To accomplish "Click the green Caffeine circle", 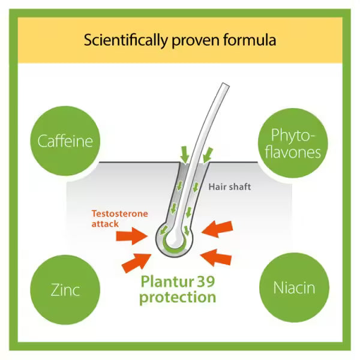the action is [x=65, y=141].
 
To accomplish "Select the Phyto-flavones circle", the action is [x=293, y=143].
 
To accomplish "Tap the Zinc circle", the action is [x=65, y=290].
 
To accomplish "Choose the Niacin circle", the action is [x=294, y=287].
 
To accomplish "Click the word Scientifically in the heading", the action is [x=126, y=40].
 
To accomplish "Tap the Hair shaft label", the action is [x=230, y=187].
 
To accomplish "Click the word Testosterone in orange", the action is [x=120, y=214].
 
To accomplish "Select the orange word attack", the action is [x=105, y=224].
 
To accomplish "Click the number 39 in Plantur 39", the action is [x=205, y=281].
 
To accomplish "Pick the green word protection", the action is [x=178, y=298].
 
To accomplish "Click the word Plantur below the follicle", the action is [x=164, y=281].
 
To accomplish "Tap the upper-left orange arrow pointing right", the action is [x=132, y=236].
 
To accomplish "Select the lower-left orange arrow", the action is [x=136, y=263].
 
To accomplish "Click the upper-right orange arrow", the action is [x=217, y=229].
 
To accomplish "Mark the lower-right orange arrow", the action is [x=216, y=257].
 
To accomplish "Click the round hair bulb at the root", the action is [x=174, y=240].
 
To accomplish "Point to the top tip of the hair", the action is [x=226, y=84].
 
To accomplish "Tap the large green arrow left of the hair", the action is [x=185, y=155].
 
